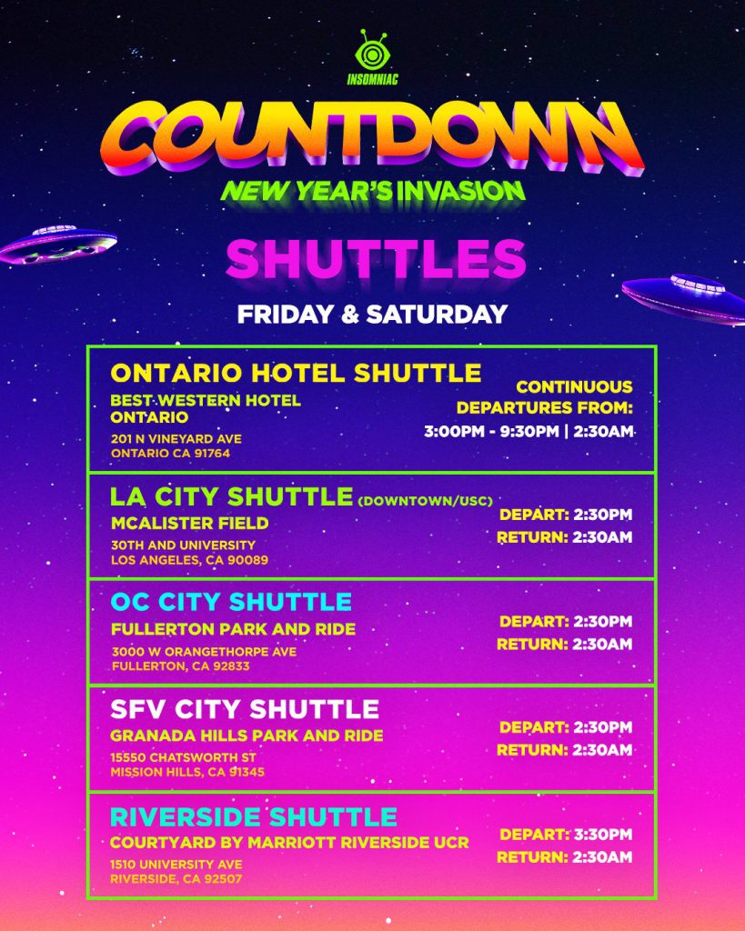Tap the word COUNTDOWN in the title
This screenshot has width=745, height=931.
pyautogui.click(x=373, y=139)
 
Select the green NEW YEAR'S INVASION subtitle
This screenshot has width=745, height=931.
pyautogui.click(x=373, y=190)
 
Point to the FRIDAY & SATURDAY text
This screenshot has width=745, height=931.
pyautogui.click(x=372, y=315)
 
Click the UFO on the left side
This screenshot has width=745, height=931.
pyautogui.click(x=58, y=244)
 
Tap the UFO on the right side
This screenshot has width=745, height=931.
pyautogui.click(x=686, y=296)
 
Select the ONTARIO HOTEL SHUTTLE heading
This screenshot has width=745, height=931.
pyautogui.click(x=296, y=373)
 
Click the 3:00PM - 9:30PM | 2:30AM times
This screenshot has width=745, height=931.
pyautogui.click(x=528, y=430)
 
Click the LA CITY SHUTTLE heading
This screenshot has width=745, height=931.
pyautogui.click(x=231, y=496)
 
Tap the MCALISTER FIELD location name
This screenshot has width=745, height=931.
pyautogui.click(x=189, y=523)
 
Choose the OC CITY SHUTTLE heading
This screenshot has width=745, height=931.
pyautogui.click(x=231, y=602)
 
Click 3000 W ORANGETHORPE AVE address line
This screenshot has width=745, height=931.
pyautogui.click(x=204, y=651)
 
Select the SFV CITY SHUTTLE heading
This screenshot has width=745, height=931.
pyautogui.click(x=245, y=708)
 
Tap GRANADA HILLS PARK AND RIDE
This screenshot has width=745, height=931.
pyautogui.click(x=247, y=736)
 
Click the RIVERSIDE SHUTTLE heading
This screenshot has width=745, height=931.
pyautogui.click(x=254, y=816)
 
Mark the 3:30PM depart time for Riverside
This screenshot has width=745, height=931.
pyautogui.click(x=600, y=835)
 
